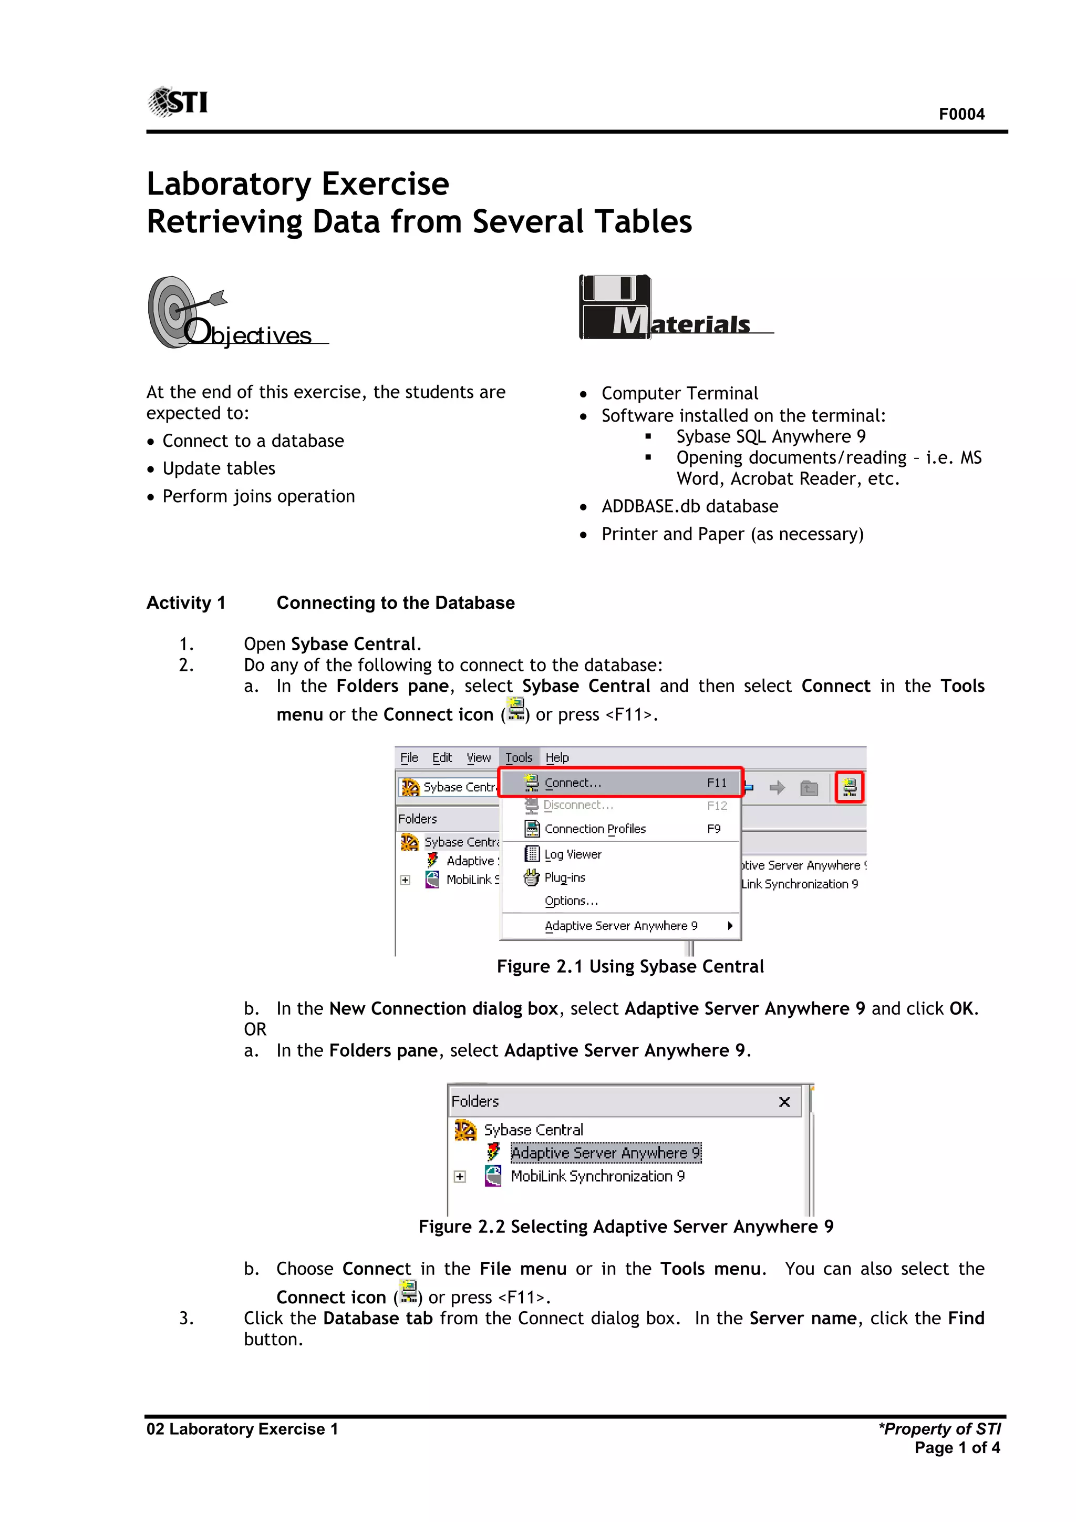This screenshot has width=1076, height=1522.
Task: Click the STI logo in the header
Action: (x=178, y=102)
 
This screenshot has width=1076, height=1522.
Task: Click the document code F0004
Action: (x=961, y=114)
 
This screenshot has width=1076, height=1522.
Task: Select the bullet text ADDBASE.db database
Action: (x=689, y=506)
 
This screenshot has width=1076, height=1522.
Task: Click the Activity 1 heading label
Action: (x=185, y=602)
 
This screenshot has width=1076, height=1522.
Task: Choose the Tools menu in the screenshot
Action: (x=518, y=757)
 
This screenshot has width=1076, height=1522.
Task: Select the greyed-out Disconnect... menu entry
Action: (x=578, y=805)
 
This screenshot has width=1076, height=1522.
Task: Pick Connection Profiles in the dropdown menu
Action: (x=594, y=829)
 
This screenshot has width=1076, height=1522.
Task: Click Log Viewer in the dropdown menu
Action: (x=573, y=854)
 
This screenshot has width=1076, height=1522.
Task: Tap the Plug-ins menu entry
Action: (x=564, y=877)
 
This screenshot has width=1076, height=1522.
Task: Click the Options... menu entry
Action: (x=571, y=901)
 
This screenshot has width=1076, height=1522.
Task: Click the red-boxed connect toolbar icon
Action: (x=849, y=787)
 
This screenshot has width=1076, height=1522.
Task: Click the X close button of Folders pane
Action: (x=784, y=1102)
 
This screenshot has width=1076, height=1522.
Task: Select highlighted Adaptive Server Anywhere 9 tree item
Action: (x=604, y=1153)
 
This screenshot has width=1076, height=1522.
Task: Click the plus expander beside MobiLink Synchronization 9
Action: (x=460, y=1177)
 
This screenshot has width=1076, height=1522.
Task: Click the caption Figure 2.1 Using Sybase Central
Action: (x=629, y=966)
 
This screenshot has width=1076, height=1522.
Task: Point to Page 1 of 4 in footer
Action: (x=957, y=1448)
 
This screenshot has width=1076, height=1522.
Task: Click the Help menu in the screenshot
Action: (x=556, y=757)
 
